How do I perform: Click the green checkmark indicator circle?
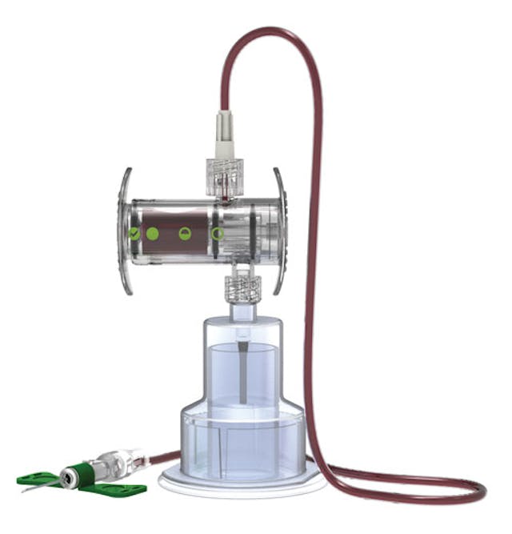click(134, 234)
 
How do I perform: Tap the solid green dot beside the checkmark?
click(152, 234)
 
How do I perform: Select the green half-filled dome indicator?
click(185, 234)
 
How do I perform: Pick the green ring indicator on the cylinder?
click(217, 234)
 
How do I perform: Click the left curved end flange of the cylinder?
click(122, 232)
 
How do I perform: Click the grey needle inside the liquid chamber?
click(242, 372)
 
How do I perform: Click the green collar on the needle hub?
click(78, 472)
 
